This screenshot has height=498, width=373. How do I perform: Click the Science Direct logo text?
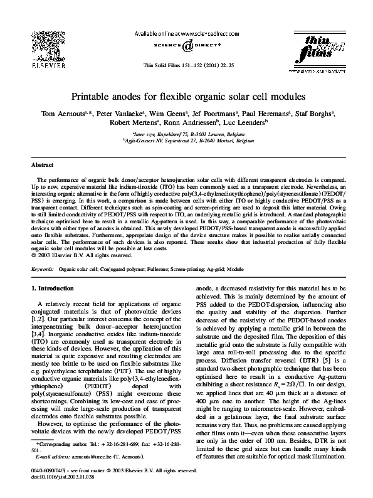[x=186, y=45]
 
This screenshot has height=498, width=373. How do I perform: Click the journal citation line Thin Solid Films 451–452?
[x=186, y=65]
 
